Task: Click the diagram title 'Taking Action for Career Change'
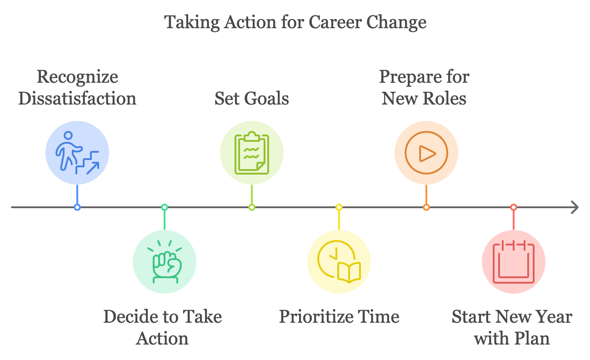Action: coord(295,22)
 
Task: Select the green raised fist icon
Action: coord(165,261)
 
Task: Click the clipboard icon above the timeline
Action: coord(252,153)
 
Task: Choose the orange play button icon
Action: coord(426,153)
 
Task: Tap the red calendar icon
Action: coord(513,262)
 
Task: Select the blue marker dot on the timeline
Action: coord(77,207)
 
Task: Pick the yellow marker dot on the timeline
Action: coord(339,207)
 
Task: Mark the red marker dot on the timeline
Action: coord(513,207)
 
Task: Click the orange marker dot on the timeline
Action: coord(426,207)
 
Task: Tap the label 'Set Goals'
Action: coord(251,99)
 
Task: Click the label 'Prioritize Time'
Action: coord(339,316)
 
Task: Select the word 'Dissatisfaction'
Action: coord(77,99)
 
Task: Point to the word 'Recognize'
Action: coord(77,77)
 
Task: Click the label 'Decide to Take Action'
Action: coord(163,327)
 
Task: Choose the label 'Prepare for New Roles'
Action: coord(424,88)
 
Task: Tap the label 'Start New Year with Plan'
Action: coord(512,327)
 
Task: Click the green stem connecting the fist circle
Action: coord(165,220)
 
